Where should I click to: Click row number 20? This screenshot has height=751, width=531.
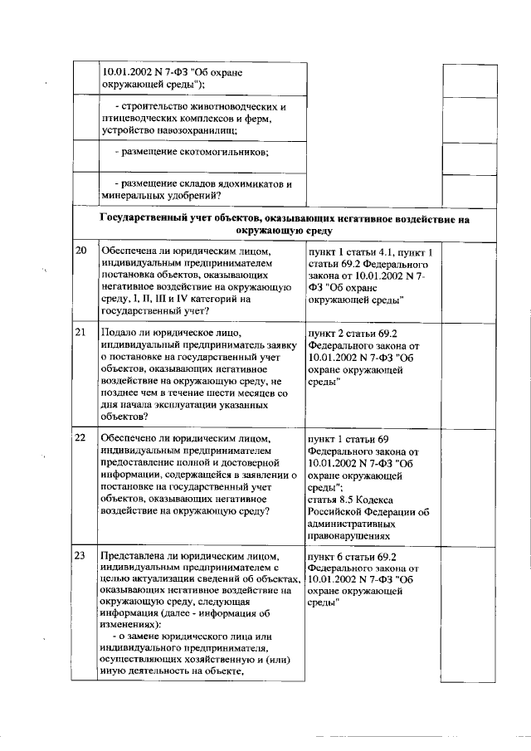click(81, 251)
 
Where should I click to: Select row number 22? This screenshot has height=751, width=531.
click(81, 437)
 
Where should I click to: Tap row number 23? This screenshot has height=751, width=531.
click(81, 555)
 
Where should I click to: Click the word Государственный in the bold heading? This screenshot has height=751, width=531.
click(142, 219)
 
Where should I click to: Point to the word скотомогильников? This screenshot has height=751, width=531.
click(221, 153)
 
